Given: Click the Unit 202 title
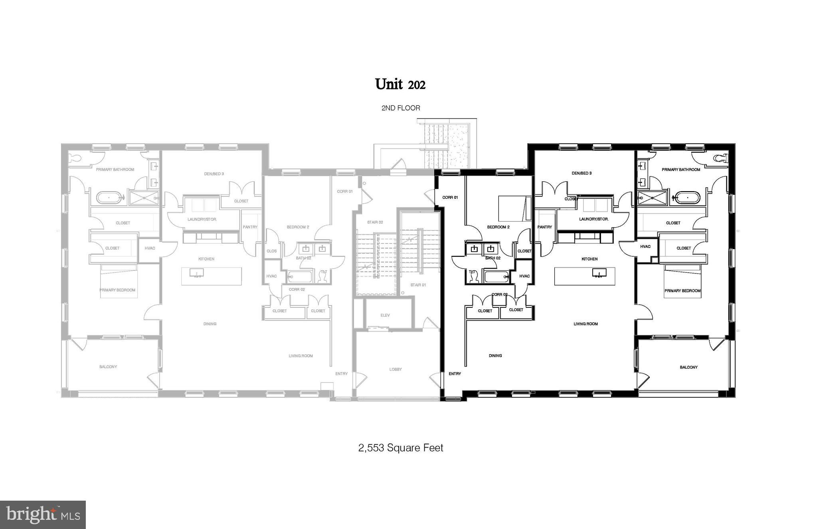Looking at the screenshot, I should (400, 84).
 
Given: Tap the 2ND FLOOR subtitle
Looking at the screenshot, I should (400, 108).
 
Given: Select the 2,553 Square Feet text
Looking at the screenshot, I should (400, 448).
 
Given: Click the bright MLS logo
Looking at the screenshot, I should (43, 515).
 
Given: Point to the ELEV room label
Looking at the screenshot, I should (385, 315).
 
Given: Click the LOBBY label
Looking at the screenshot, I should (395, 369).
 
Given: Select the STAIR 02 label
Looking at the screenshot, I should (375, 222).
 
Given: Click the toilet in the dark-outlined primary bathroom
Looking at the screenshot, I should (720, 159).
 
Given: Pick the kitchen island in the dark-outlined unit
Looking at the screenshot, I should (584, 276).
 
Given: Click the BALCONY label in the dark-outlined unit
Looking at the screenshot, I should (688, 367).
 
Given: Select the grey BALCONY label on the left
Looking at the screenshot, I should (108, 367).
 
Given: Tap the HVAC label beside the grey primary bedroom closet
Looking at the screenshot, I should (150, 248).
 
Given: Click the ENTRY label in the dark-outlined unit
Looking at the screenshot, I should (455, 374).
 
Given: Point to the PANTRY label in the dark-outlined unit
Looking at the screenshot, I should (544, 227).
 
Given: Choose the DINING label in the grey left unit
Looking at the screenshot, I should (210, 324).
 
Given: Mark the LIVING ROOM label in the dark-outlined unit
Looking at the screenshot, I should (586, 324).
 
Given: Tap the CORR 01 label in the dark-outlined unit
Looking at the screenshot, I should (450, 197).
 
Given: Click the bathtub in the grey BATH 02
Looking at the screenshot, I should (299, 276).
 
